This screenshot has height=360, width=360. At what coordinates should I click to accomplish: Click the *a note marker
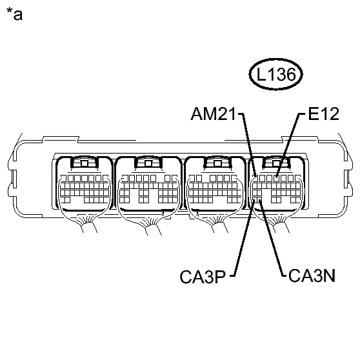point(14,14)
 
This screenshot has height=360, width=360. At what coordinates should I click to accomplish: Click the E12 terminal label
point(323,115)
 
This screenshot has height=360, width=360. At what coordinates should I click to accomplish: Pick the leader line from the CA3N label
point(270,239)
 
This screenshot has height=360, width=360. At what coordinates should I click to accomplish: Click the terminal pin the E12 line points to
point(277,176)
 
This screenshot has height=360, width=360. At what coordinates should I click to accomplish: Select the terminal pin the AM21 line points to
point(255,176)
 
